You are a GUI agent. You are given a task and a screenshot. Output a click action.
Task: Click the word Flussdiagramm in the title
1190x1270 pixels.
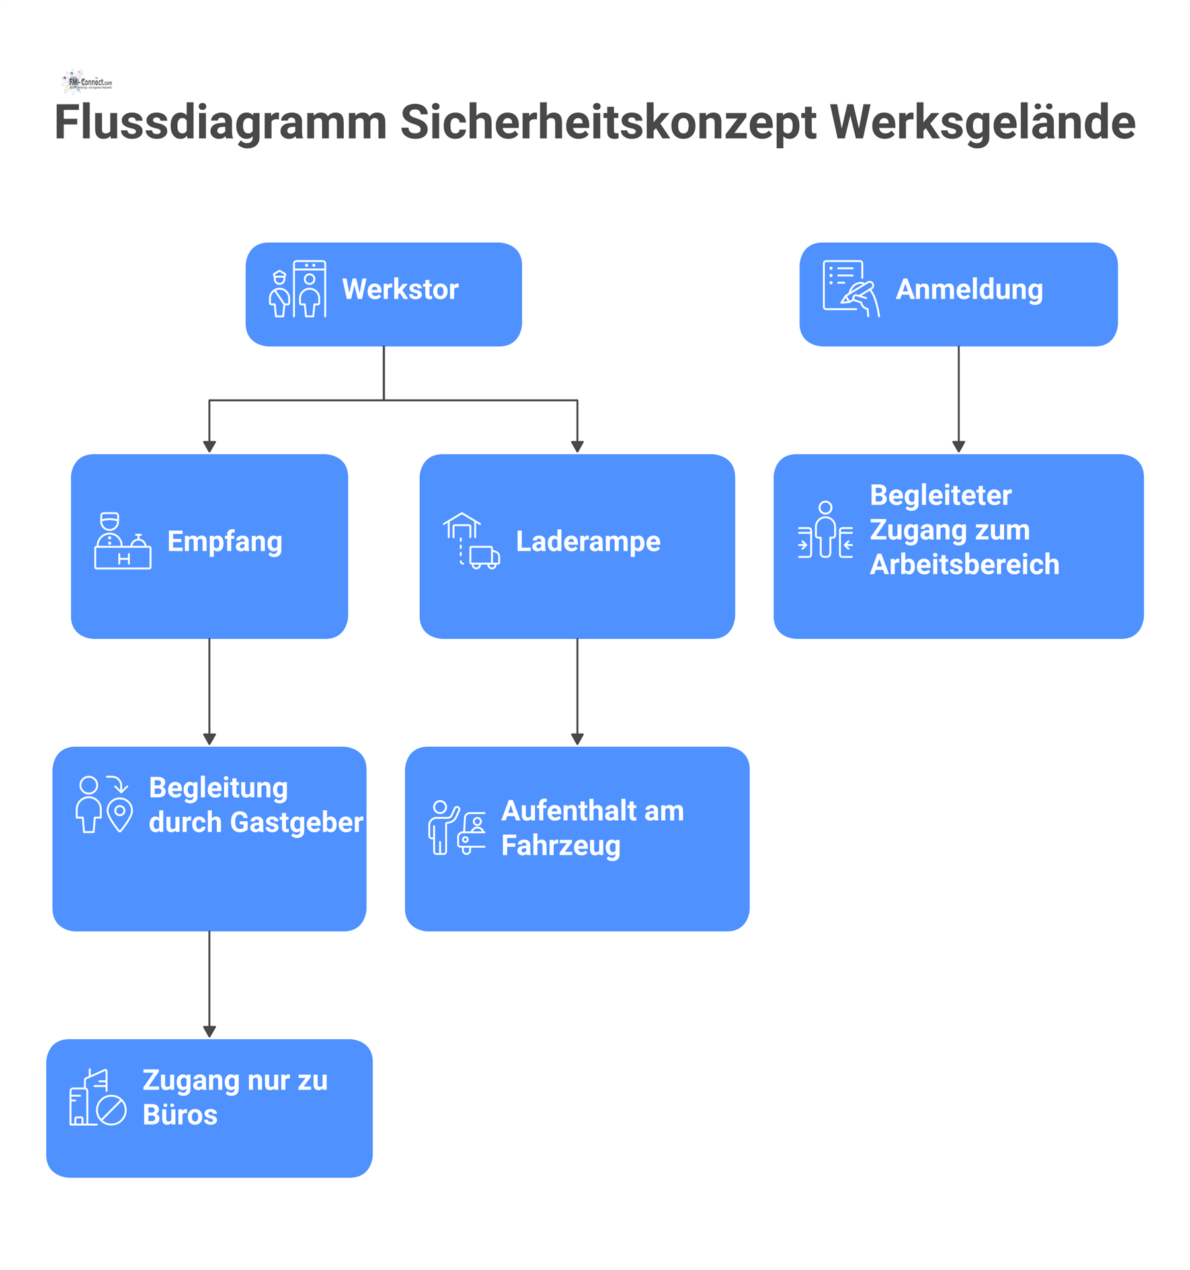(220, 123)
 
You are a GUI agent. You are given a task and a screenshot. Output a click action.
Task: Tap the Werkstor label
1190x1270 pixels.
(400, 290)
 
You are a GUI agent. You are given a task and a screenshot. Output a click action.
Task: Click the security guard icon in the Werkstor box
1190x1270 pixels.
(280, 294)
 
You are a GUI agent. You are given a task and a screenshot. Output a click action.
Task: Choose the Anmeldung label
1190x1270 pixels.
(969, 290)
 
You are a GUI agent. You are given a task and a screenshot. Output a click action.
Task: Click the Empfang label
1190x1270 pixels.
(225, 542)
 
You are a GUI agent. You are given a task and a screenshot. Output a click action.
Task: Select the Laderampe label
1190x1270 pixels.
(588, 542)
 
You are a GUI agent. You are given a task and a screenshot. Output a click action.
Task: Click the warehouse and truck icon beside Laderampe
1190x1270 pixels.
(471, 541)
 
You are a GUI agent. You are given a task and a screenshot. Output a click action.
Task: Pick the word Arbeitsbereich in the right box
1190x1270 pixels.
(964, 565)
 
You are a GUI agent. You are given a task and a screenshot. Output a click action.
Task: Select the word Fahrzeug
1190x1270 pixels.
(561, 846)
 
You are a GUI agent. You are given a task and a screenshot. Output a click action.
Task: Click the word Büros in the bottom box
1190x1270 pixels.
(180, 1115)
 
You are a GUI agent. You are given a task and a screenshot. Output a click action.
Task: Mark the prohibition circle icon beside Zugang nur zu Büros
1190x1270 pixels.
(112, 1111)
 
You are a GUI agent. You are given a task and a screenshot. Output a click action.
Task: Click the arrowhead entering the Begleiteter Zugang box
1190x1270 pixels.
(959, 447)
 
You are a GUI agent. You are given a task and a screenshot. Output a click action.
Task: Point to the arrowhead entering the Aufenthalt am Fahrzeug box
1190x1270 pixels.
(577, 740)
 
